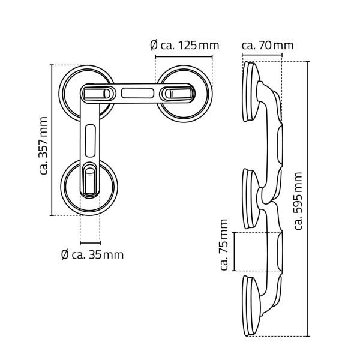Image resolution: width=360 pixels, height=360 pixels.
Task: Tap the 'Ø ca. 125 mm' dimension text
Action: [x=183, y=45]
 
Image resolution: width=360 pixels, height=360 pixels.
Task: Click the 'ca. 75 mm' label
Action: [x=224, y=245]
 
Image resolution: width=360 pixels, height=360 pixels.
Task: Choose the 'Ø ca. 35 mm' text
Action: [x=92, y=254]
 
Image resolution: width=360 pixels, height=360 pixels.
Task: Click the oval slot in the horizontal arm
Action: [x=137, y=93]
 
